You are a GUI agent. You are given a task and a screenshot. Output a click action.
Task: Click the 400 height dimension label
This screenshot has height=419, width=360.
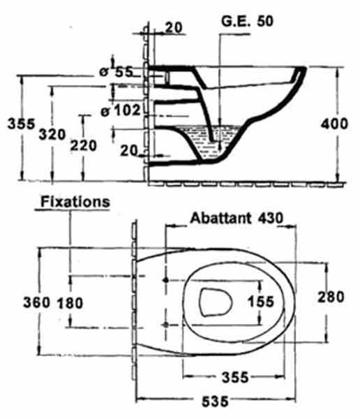click(334, 124)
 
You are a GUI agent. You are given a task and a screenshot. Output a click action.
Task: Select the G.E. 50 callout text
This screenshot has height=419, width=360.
click(247, 21)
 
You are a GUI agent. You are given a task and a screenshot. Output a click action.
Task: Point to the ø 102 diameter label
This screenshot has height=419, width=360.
click(120, 110)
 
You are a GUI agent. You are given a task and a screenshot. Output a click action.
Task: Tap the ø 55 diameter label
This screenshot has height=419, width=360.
click(117, 72)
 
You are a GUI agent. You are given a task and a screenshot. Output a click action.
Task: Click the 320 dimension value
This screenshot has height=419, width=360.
click(52, 134)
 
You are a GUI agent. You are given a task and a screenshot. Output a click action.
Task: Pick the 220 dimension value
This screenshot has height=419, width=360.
click(83, 146)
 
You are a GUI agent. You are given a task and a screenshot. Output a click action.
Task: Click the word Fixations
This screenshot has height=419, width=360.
click(75, 202)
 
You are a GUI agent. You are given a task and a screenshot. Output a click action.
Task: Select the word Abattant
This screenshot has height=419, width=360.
click(220, 218)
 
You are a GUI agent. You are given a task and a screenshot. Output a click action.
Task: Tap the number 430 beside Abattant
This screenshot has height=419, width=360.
click(270, 218)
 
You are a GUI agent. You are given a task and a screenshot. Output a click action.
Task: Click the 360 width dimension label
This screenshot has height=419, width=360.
click(36, 302)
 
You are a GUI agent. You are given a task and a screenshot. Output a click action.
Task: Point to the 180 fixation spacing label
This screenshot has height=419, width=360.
click(70, 303)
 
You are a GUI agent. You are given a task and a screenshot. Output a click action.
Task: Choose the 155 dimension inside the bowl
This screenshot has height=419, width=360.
click(261, 302)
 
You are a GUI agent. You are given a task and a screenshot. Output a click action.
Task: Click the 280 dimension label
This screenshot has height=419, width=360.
click(331, 297)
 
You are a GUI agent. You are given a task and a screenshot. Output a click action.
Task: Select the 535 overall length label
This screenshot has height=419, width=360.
click(216, 401)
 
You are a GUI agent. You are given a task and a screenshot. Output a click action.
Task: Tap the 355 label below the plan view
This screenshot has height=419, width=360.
click(235, 377)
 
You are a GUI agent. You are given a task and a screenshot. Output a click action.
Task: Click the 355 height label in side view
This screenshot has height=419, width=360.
click(21, 124)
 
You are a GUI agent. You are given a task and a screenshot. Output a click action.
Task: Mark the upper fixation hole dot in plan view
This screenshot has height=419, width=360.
click(166, 280)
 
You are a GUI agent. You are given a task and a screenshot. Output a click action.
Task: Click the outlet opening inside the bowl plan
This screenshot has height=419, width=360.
click(216, 302)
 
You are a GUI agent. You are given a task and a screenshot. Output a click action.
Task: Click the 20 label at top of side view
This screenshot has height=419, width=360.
click(174, 27)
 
